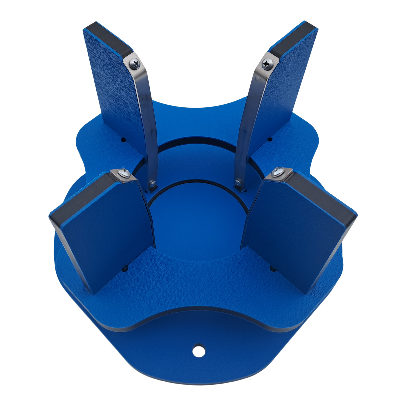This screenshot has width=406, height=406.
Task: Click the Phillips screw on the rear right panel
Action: (x=265, y=64)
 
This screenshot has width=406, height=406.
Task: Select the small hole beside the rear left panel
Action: (x=123, y=139)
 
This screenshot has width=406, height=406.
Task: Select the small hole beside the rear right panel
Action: (x=270, y=139)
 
